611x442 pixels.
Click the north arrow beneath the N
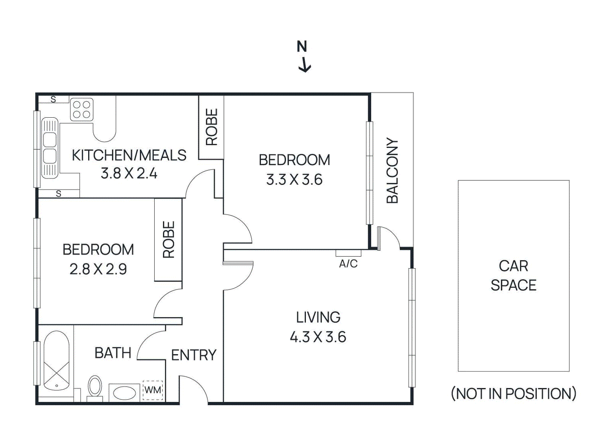tap(305, 65)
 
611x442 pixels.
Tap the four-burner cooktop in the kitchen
tap(82, 109)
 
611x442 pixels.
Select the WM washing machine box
tap(153, 390)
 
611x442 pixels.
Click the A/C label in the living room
tap(348, 264)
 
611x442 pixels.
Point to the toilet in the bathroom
tap(95, 387)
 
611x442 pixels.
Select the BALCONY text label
tap(392, 170)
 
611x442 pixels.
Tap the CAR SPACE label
tap(513, 275)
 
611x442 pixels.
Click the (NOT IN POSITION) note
tap(513, 393)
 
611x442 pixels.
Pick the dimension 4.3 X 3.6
tap(318, 337)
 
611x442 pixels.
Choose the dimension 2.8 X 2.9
tap(98, 269)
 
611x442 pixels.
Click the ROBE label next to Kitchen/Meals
tap(212, 127)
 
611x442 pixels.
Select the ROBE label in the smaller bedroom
tap(168, 240)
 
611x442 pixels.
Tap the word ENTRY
tap(194, 355)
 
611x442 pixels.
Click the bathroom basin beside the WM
tap(125, 393)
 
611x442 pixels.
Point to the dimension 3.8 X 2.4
tap(129, 173)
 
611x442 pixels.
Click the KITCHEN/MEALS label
tap(129, 155)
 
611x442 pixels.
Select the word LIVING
tap(318, 317)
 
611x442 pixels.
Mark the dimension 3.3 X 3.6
tap(294, 180)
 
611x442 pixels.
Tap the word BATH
tap(113, 353)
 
